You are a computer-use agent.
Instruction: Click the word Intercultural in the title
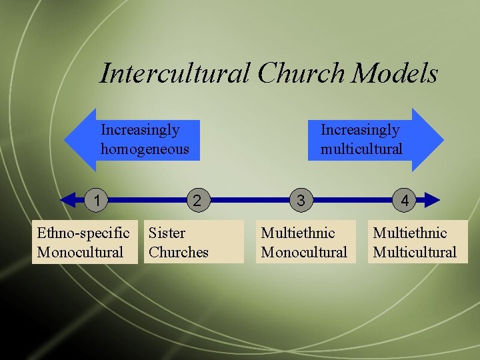[175, 73]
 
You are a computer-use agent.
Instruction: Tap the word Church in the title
[301, 73]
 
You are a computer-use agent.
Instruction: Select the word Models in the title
[395, 73]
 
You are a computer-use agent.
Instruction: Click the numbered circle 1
[97, 199]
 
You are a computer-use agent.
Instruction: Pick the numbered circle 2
[197, 199]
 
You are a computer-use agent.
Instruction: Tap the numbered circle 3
[301, 199]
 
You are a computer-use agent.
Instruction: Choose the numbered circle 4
[405, 199]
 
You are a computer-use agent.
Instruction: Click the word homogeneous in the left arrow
[145, 149]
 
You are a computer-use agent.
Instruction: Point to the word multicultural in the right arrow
[361, 149]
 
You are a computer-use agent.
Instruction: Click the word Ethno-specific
[83, 233]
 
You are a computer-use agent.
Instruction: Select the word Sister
[167, 233]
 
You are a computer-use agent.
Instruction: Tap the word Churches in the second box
[178, 252]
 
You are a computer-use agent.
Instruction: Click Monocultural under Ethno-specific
[81, 252]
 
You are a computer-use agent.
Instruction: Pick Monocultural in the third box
[304, 252]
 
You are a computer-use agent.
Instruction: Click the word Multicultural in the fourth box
[415, 252]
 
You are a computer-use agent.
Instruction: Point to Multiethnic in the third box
[297, 233]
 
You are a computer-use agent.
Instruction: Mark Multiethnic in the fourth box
[409, 233]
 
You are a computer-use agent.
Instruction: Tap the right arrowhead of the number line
[433, 199]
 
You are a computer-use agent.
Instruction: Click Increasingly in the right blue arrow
[360, 129]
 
